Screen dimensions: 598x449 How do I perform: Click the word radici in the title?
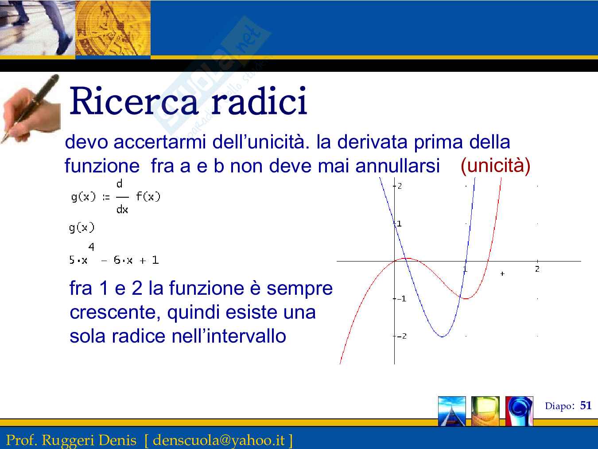coord(260,100)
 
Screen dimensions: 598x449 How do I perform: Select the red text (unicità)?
coord(495,165)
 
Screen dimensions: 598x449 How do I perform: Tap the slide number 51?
coord(586,406)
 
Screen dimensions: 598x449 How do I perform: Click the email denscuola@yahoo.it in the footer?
coord(219,439)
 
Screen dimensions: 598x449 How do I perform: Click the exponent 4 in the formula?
coord(91,247)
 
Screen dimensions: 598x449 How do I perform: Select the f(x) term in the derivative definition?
coord(148,196)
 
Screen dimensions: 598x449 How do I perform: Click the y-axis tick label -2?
coord(402,336)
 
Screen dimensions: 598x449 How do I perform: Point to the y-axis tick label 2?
coord(400,186)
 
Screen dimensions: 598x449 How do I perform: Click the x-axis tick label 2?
coord(537,269)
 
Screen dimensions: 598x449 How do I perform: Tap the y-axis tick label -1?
coord(402,299)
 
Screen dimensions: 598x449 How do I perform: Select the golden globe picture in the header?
coord(113,28)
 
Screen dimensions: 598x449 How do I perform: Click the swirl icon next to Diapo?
coord(519,411)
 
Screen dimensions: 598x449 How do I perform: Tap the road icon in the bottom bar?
coord(452,411)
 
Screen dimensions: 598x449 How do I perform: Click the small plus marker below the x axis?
coord(502,273)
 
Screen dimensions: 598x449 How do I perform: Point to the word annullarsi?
coord(398,166)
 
